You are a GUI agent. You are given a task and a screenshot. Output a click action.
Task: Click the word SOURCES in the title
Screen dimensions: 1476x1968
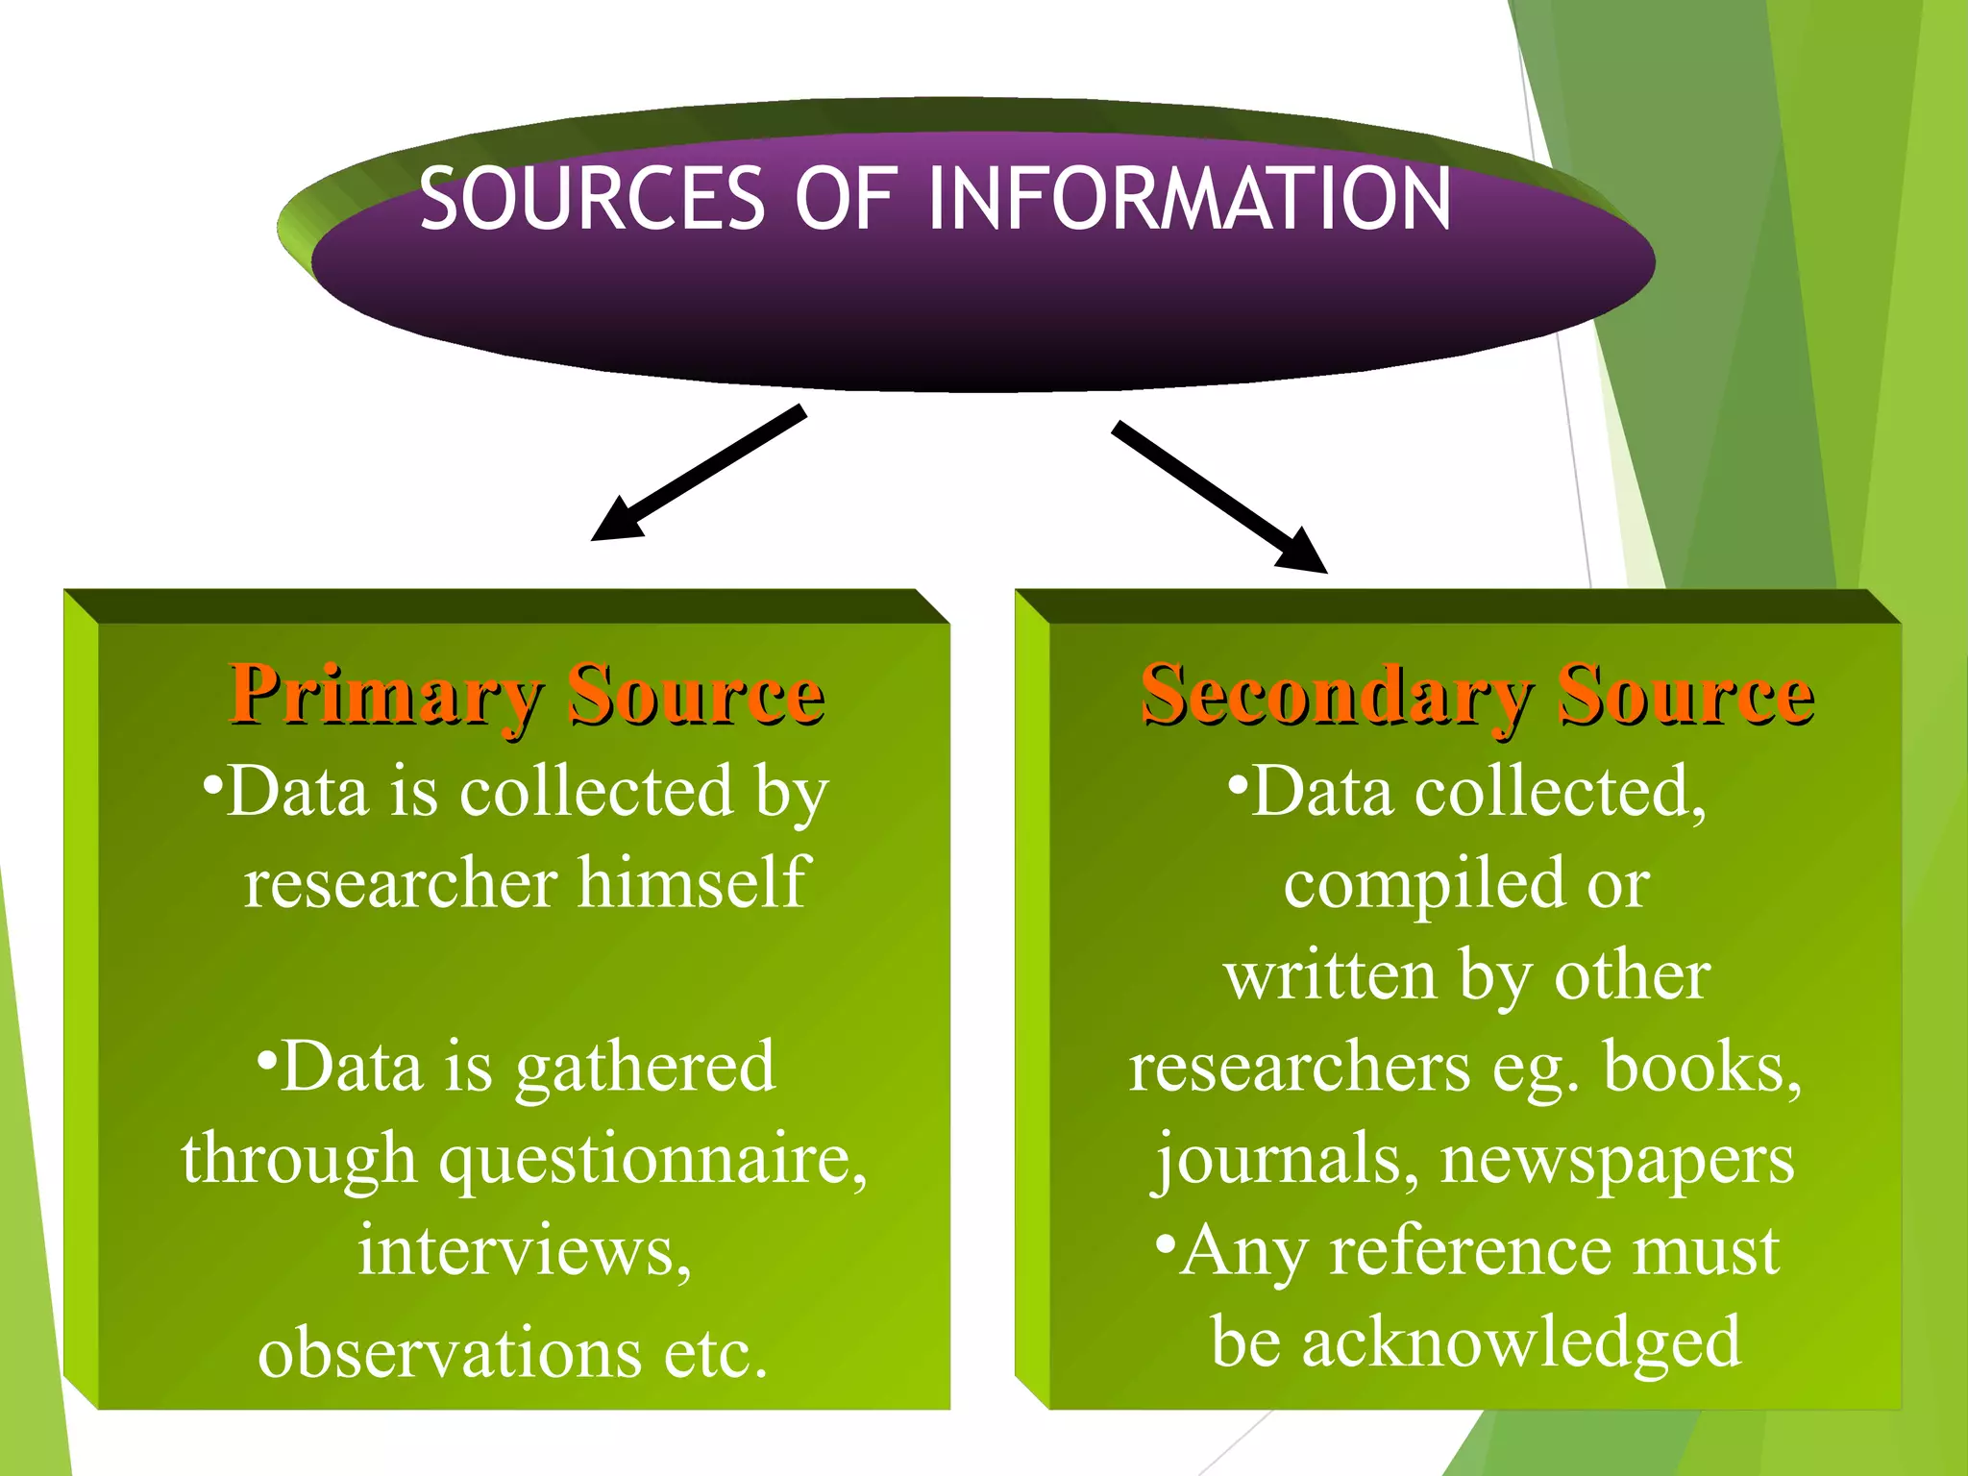(591, 199)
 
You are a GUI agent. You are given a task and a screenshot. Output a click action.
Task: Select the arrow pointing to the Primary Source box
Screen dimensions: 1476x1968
(698, 474)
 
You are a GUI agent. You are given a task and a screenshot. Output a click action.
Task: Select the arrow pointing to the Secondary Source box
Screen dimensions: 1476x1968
(1219, 497)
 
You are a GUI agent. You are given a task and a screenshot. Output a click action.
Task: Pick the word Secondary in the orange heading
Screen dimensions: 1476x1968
(1337, 695)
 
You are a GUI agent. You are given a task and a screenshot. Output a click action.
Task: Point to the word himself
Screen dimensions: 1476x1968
(693, 882)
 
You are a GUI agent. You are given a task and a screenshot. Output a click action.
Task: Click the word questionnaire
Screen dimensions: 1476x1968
(652, 1160)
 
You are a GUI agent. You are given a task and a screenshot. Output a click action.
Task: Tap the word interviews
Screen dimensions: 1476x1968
(524, 1251)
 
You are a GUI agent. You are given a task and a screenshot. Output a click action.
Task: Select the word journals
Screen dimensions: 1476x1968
(1286, 1160)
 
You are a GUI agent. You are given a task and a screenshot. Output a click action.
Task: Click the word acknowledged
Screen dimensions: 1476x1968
(1521, 1342)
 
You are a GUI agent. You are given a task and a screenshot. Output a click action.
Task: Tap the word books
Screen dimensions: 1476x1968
(1700, 1067)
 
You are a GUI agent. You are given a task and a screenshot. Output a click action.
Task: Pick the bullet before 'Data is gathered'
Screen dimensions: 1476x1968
(267, 1056)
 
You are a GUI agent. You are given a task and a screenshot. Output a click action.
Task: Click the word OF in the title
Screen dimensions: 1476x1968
(845, 199)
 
